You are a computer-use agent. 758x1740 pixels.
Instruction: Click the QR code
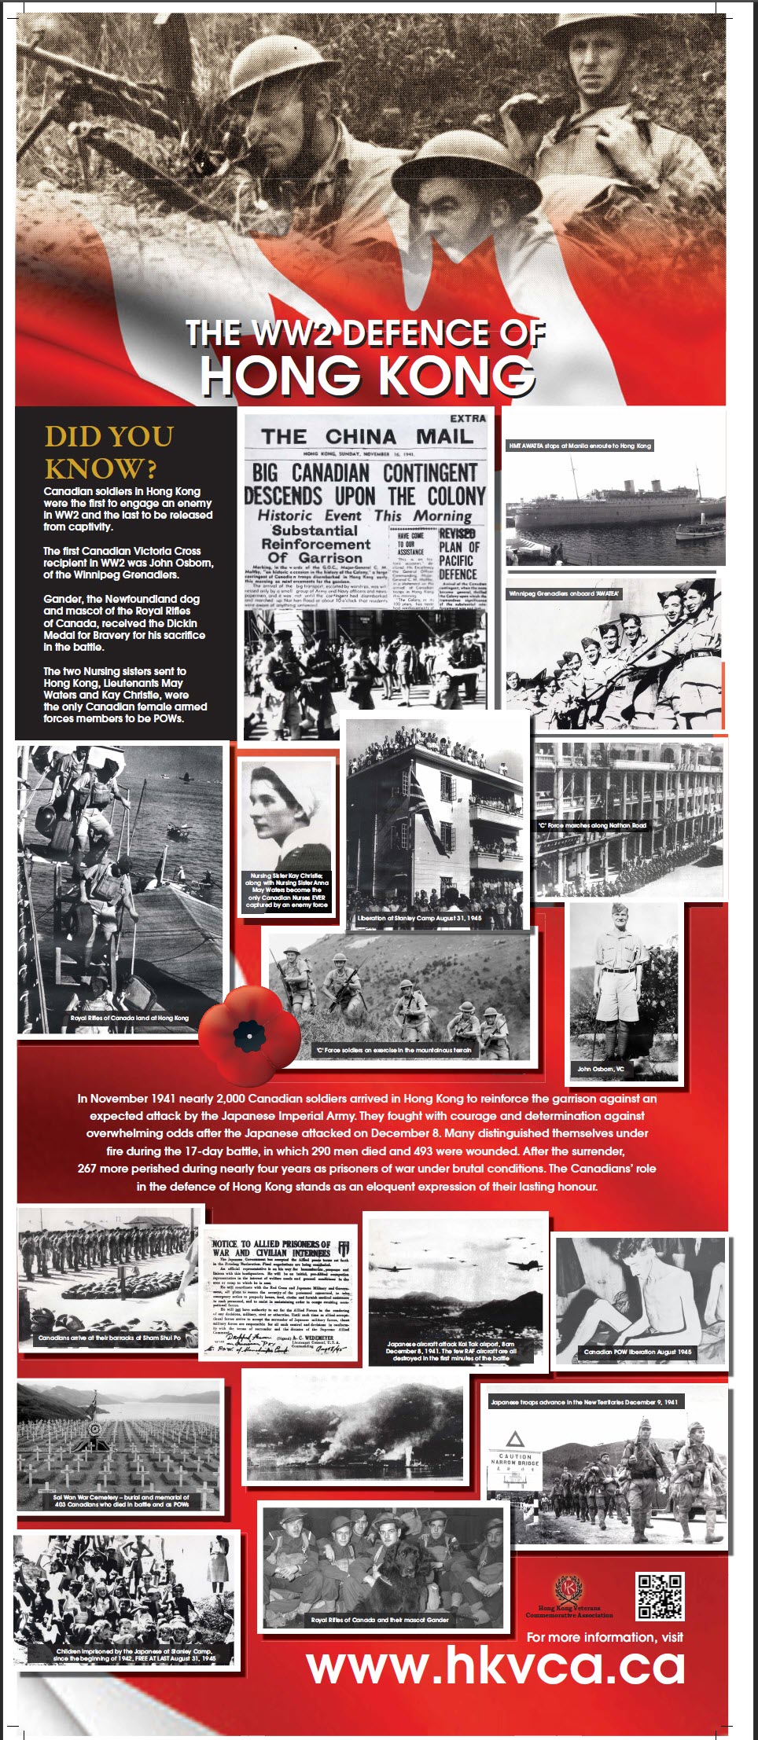(660, 1595)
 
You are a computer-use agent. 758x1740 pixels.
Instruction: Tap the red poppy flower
(249, 1028)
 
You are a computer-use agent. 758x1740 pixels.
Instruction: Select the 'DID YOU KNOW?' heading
(109, 452)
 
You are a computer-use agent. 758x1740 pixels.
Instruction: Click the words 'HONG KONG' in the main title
(367, 375)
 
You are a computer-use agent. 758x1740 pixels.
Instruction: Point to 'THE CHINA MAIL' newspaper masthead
(367, 437)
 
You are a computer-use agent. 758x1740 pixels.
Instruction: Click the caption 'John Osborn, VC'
(600, 1069)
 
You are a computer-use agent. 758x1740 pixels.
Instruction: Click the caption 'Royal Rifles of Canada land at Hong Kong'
(130, 1018)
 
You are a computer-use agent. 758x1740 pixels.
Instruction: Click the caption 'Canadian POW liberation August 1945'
(638, 1352)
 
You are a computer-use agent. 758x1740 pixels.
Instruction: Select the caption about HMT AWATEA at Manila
(580, 446)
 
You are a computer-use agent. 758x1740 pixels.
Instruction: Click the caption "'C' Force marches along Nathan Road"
(592, 825)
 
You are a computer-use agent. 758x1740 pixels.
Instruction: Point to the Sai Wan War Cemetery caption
(120, 1501)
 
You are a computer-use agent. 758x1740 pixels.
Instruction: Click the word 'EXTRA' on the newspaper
(468, 419)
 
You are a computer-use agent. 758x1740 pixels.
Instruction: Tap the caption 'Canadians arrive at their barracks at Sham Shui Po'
(109, 1338)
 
